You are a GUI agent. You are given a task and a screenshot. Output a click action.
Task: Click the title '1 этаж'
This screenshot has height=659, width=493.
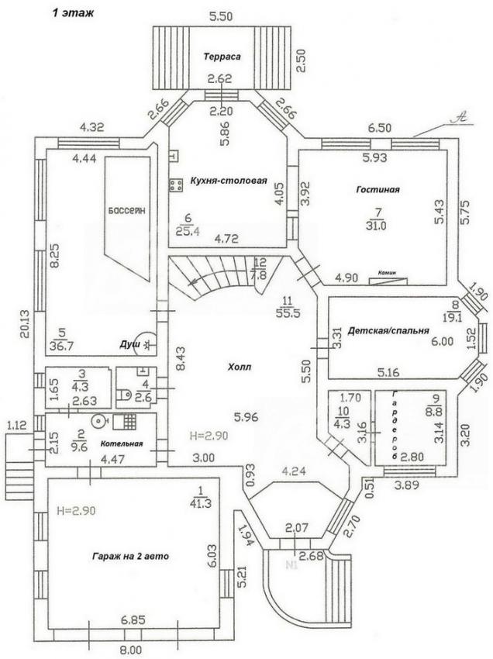pyautogui.click(x=73, y=12)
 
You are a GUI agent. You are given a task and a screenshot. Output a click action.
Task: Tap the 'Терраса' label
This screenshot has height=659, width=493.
pyautogui.click(x=223, y=57)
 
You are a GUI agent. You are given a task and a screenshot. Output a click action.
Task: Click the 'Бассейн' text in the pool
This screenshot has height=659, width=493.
pyautogui.click(x=127, y=210)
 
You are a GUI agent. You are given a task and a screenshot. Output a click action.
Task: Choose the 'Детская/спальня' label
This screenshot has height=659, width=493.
pyautogui.click(x=388, y=330)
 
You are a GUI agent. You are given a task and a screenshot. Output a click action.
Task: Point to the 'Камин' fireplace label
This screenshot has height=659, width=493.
pyautogui.click(x=387, y=273)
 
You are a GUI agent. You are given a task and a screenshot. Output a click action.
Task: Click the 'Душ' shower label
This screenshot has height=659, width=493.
pyautogui.click(x=129, y=342)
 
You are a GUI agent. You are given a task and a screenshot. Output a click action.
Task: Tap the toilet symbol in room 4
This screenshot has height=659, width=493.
pyautogui.click(x=124, y=395)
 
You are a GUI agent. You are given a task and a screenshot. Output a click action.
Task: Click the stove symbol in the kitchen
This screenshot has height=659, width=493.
pyautogui.click(x=176, y=185)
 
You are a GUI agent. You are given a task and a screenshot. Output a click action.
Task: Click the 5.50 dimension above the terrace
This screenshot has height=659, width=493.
pyautogui.click(x=222, y=15)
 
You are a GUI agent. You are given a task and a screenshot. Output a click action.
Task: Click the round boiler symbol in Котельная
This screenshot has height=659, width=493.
pyautogui.click(x=100, y=422)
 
